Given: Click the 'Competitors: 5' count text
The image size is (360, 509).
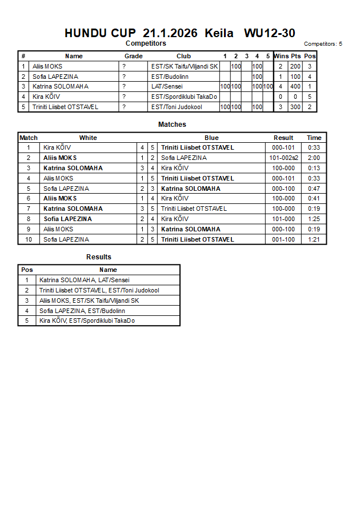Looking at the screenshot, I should pyautogui.click(x=323, y=44).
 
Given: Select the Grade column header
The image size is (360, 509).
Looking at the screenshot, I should pyautogui.click(x=134, y=56).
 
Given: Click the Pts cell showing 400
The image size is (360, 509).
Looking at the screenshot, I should pyautogui.click(x=295, y=87).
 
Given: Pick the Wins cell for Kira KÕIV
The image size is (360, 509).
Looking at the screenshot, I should pyautogui.click(x=281, y=97).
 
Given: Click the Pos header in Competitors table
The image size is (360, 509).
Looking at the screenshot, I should pyautogui.click(x=310, y=56).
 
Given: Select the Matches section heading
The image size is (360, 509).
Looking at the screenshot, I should pyautogui.click(x=172, y=125).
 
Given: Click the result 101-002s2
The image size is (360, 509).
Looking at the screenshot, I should pyautogui.click(x=283, y=158).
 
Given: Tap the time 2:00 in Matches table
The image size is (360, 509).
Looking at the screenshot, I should pyautogui.click(x=314, y=158).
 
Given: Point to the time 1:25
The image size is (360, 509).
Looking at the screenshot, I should pyautogui.click(x=314, y=219).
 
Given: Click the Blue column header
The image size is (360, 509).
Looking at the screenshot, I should pyautogui.click(x=211, y=138).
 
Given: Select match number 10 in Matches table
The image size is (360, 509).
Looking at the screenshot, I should pyautogui.click(x=29, y=239).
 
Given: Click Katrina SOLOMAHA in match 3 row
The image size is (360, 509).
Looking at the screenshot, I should pyautogui.click(x=73, y=168).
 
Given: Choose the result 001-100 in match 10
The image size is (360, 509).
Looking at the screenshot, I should pyautogui.click(x=283, y=239).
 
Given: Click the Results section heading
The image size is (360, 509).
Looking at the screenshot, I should pyautogui.click(x=99, y=257).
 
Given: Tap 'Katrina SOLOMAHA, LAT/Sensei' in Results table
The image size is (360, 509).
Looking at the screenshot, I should pyautogui.click(x=85, y=280).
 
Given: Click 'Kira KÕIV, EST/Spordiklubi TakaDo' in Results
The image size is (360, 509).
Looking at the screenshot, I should pyautogui.click(x=87, y=321).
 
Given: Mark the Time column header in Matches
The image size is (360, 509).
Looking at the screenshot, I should pyautogui.click(x=314, y=138).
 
